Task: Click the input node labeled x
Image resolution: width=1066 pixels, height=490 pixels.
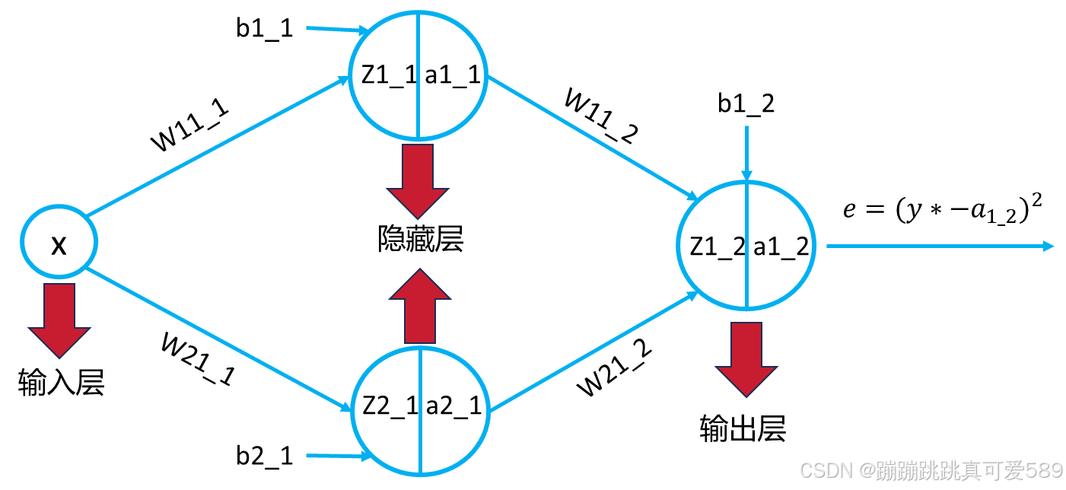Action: coord(59,244)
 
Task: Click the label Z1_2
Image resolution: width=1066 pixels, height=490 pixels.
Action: coord(718,246)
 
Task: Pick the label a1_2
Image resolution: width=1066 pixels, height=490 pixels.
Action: coord(780,246)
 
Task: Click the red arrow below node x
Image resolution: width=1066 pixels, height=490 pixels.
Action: coord(59,319)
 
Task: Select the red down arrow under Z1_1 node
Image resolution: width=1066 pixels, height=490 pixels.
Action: coord(417,180)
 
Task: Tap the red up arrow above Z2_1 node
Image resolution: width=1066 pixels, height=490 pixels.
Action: coord(419,307)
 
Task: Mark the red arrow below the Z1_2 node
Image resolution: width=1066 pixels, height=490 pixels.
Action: coord(746,358)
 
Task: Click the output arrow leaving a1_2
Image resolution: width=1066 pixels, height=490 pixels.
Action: coord(940,246)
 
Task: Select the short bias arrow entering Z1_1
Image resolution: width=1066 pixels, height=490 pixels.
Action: coord(336,30)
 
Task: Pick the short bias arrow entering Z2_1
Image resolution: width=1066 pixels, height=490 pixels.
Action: coord(336,457)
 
